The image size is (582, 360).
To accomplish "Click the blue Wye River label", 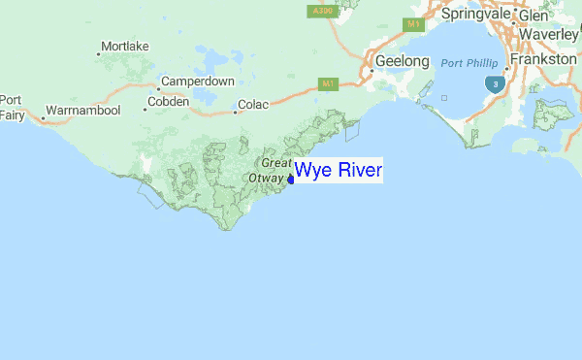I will pyautogui.click(x=339, y=172).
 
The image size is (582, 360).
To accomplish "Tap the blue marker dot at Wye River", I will pyautogui.click(x=291, y=178).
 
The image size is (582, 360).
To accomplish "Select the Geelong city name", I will pyautogui.click(x=403, y=61).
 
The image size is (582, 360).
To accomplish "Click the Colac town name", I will pyautogui.click(x=252, y=105).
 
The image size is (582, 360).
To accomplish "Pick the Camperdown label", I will pyautogui.click(x=197, y=82).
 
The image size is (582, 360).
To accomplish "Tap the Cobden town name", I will pyautogui.click(x=168, y=102).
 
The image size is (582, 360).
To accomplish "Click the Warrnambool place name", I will pyautogui.click(x=82, y=111).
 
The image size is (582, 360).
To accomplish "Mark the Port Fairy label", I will pyautogui.click(x=12, y=107).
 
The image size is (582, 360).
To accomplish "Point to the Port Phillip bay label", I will pyautogui.click(x=469, y=63).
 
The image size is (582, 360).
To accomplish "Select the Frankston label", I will pyautogui.click(x=546, y=59).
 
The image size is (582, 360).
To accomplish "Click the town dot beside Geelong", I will pyautogui.click(x=371, y=70).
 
